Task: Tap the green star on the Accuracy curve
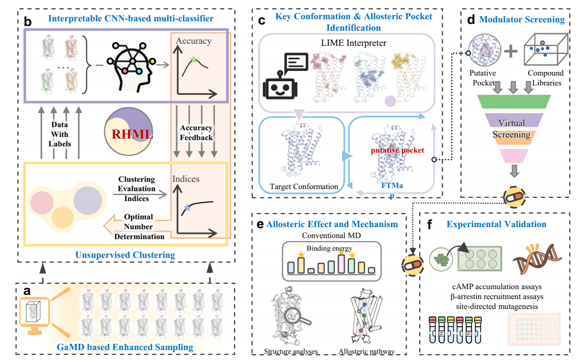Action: click(194, 60)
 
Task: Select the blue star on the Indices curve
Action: click(188, 207)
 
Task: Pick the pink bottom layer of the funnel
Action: click(514, 155)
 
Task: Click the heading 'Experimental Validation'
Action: click(496, 225)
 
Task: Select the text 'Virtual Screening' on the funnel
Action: click(512, 129)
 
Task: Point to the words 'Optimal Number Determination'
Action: click(139, 227)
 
